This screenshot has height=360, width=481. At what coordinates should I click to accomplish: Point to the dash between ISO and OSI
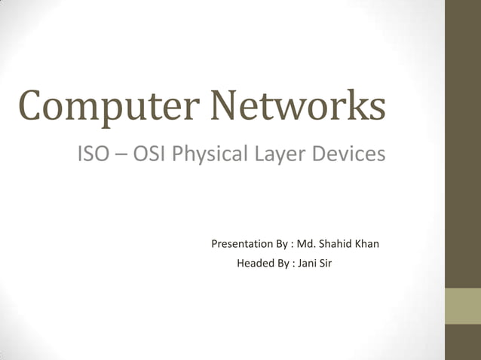click(121, 154)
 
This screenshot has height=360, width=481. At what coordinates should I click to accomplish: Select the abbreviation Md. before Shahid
click(307, 244)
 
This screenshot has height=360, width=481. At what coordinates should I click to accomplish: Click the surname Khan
click(368, 244)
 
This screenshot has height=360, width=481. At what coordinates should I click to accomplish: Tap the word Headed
click(255, 264)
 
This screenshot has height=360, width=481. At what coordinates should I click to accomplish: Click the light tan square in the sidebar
click(462, 306)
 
